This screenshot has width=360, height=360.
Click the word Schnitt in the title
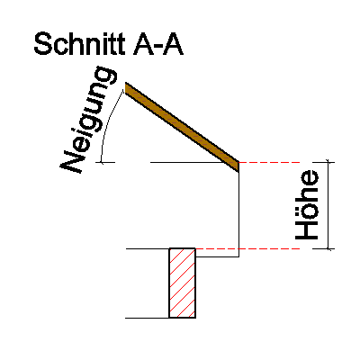[79, 44]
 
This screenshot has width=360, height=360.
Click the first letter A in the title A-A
[143, 44]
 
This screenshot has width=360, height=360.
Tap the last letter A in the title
[172, 44]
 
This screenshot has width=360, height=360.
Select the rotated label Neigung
[86, 119]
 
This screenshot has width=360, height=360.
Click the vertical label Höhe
[307, 205]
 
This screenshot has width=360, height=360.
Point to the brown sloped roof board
[182, 127]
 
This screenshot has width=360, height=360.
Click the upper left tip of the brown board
[125, 83]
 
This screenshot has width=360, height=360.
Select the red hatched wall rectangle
[183, 283]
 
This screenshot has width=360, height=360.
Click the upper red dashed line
[269, 162]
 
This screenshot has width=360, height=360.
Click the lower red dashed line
[247, 248]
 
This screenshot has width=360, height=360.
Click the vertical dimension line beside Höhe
[328, 205]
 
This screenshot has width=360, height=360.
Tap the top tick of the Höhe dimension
[328, 162]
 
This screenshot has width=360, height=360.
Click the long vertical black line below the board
[238, 214]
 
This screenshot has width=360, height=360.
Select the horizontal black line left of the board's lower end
[192, 162]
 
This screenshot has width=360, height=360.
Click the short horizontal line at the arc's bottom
[105, 162]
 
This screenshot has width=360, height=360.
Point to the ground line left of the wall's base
[148, 318]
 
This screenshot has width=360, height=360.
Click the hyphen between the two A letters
[158, 48]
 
